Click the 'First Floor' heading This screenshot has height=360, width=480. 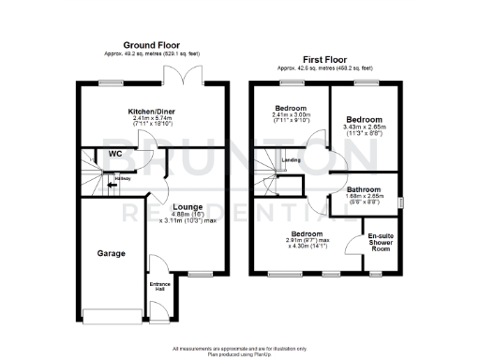[x=324, y=59]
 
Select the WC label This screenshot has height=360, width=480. [x=115, y=154]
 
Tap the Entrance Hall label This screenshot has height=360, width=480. [x=158, y=286]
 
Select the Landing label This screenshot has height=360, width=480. [x=290, y=160]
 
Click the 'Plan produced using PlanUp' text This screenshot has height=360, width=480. [x=238, y=353]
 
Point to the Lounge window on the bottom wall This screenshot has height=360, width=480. [x=199, y=274]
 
